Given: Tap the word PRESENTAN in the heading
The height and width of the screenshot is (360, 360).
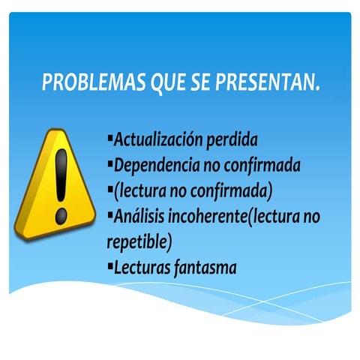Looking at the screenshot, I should tap(266, 82).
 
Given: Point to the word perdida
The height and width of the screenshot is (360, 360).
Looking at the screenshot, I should tap(232, 139).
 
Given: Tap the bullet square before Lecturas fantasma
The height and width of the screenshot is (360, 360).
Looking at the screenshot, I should tap(110, 265).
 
